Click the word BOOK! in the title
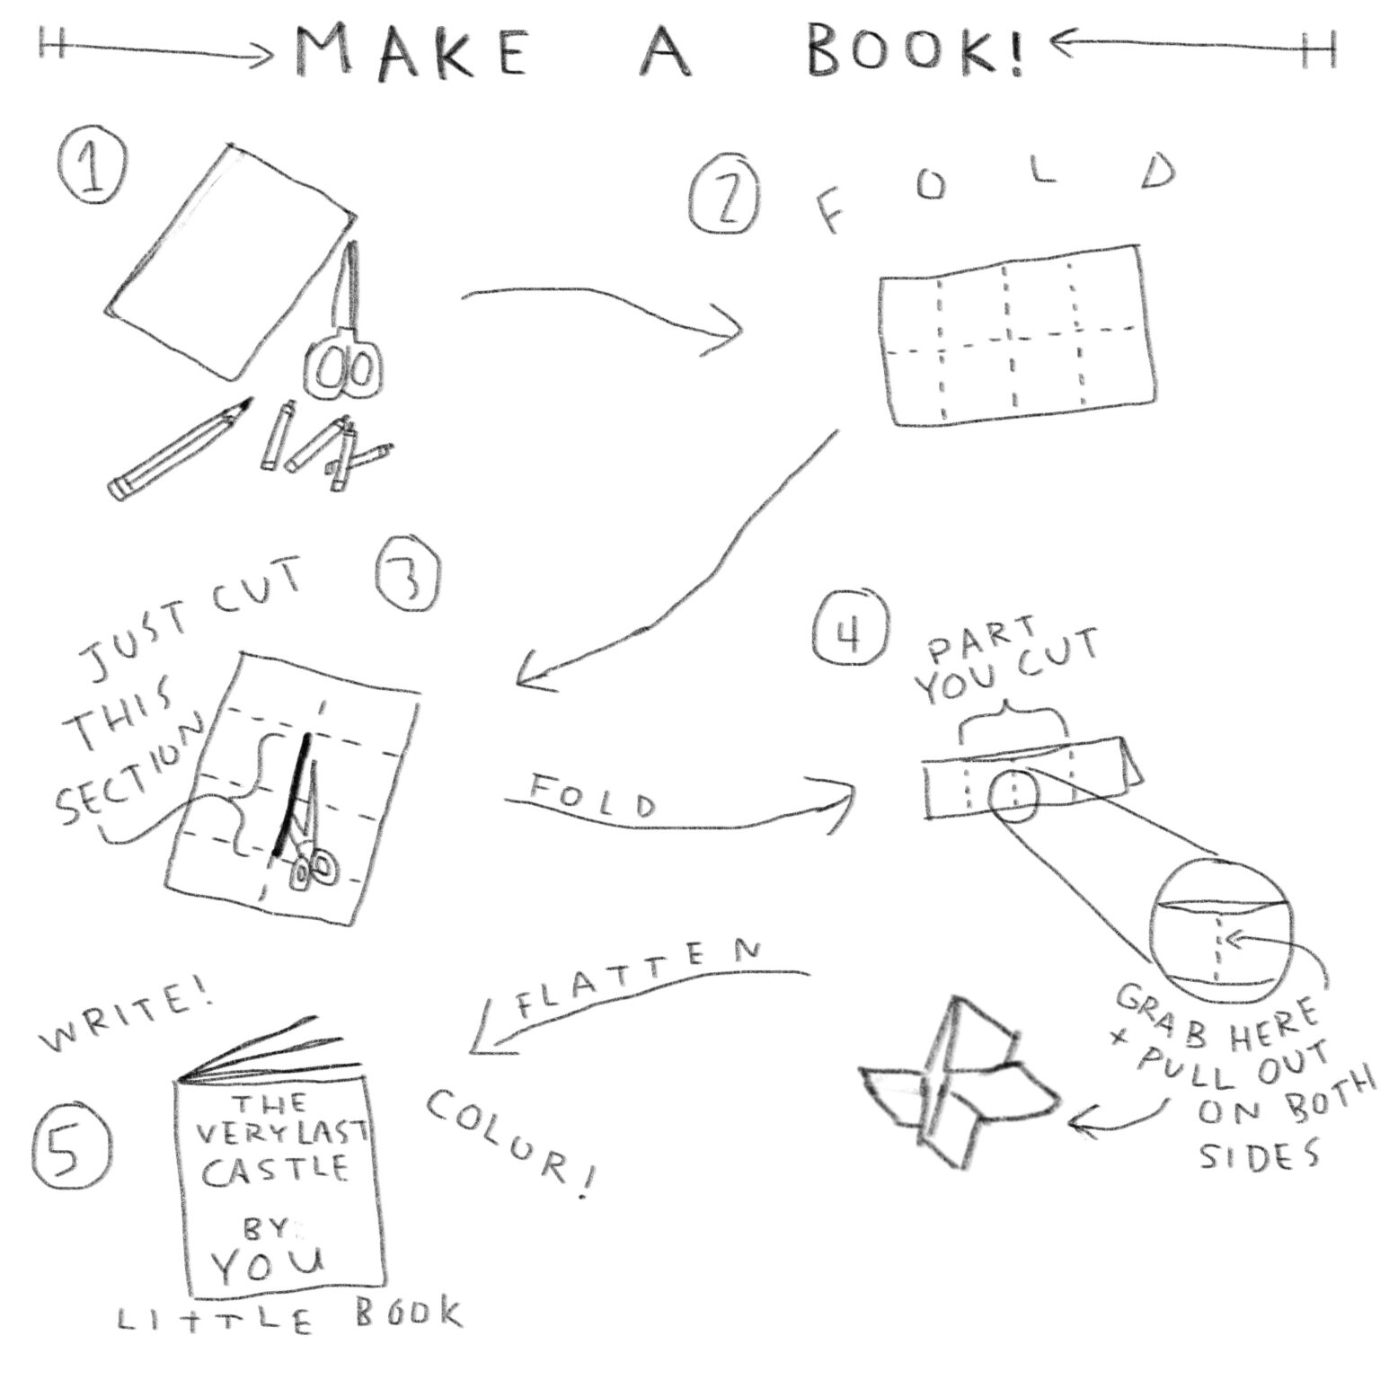click(914, 51)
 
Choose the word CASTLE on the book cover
click(276, 1169)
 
